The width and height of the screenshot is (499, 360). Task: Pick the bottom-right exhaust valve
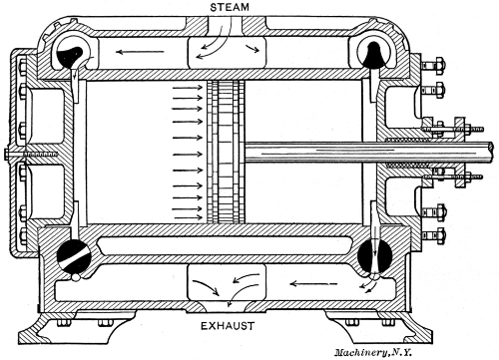click(373, 256)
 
